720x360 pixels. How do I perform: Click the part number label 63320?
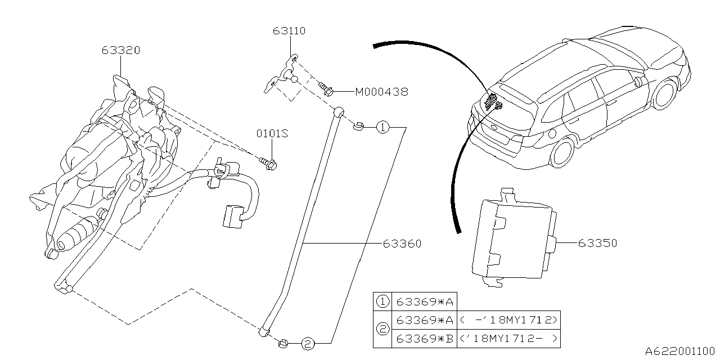click(x=121, y=50)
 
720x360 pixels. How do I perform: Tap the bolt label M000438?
click(x=381, y=91)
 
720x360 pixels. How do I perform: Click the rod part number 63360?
click(x=402, y=244)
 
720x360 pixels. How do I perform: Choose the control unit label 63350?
click(x=597, y=243)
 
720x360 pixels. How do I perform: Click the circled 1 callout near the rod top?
click(x=382, y=128)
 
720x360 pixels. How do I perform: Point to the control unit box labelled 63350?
click(x=512, y=239)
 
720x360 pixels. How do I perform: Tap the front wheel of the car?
click(x=665, y=95)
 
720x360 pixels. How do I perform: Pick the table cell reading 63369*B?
click(x=425, y=339)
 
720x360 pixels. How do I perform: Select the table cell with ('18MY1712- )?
click(x=510, y=339)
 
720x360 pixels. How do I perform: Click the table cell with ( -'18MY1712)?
click(x=510, y=320)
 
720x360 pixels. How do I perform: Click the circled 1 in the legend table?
click(x=382, y=301)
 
